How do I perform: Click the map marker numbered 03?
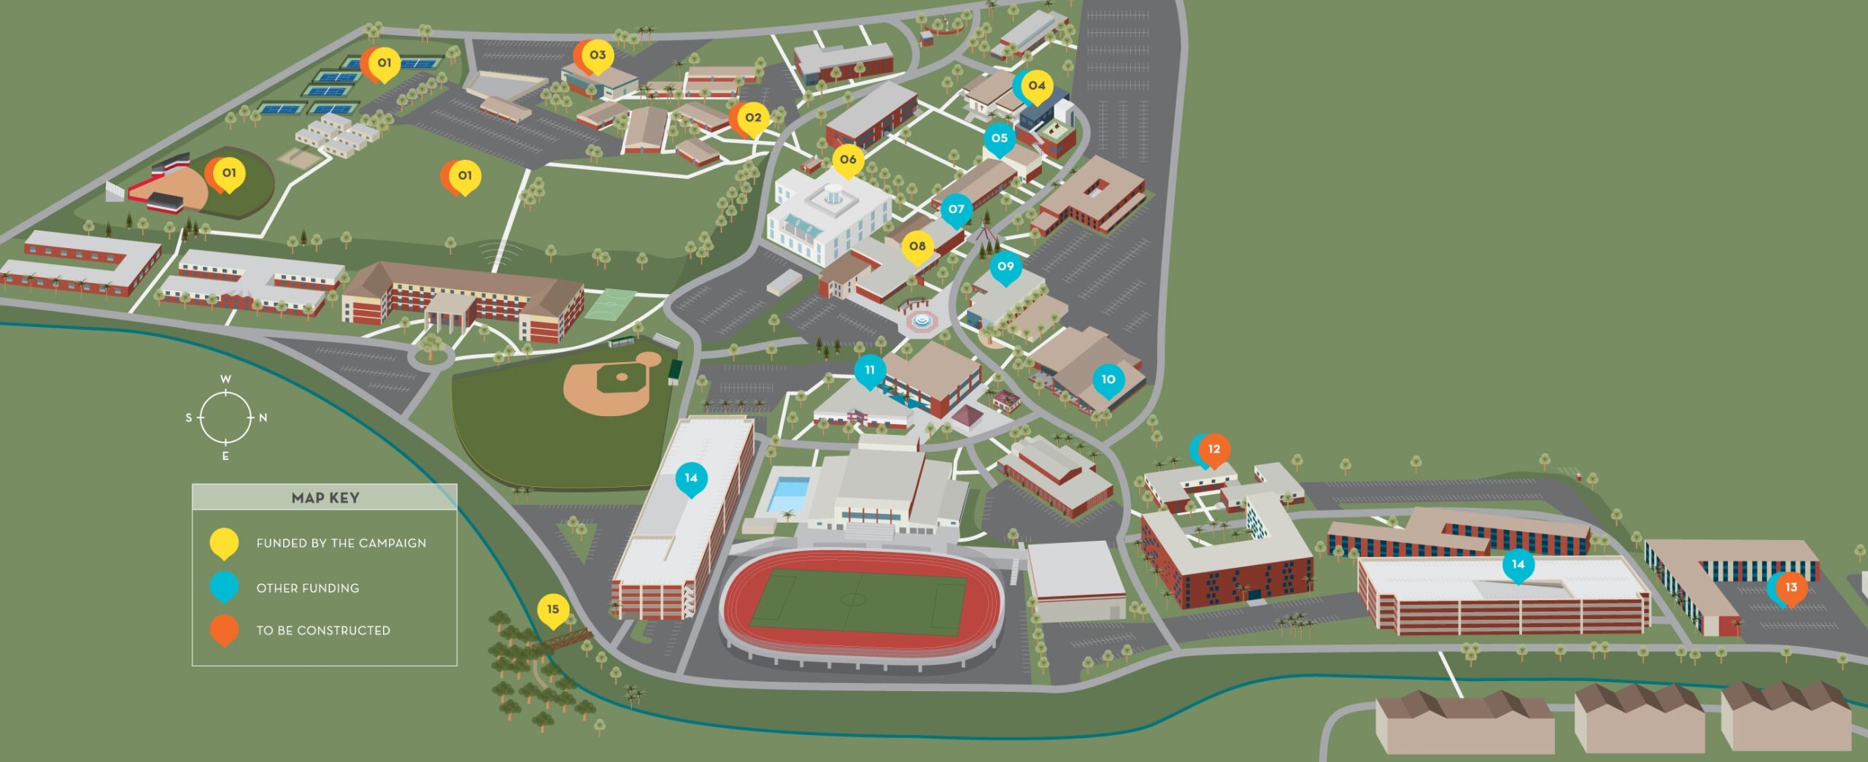[598, 55]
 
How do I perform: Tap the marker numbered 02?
[753, 118]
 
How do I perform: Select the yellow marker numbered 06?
[847, 160]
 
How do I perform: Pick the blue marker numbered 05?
[999, 139]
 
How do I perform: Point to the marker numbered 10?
[1108, 380]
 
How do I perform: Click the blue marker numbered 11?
[870, 371]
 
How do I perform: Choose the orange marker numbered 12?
[1214, 450]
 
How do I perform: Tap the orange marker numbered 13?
[1791, 588]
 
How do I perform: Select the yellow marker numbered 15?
[552, 610]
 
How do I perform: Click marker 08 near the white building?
[917, 247]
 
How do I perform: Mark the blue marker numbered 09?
[1006, 267]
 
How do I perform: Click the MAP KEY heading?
[325, 498]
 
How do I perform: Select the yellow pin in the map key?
[224, 543]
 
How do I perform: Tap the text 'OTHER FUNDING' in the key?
[307, 588]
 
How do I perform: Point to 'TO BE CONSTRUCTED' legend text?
[323, 631]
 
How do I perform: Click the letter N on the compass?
[263, 418]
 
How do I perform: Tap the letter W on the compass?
[226, 380]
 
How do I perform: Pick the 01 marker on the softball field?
[228, 174]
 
